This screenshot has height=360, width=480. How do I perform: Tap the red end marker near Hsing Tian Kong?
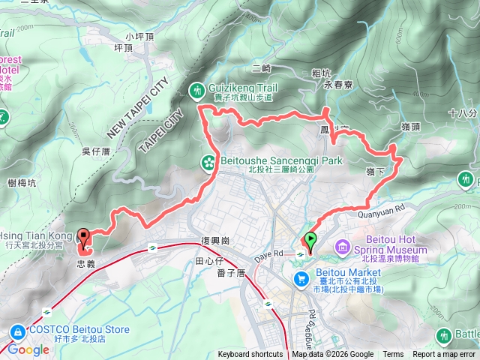[82, 235]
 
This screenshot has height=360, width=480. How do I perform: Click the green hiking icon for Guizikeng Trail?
[197, 90]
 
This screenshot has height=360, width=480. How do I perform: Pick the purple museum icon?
[342, 246]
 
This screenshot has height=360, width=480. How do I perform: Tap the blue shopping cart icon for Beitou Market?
[301, 278]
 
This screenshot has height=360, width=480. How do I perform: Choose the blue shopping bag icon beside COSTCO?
[16, 331]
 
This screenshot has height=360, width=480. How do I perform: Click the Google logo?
[28, 349]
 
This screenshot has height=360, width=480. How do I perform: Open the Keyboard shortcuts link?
[250, 355]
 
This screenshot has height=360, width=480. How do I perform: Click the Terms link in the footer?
[393, 355]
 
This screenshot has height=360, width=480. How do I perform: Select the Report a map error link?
[445, 355]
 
